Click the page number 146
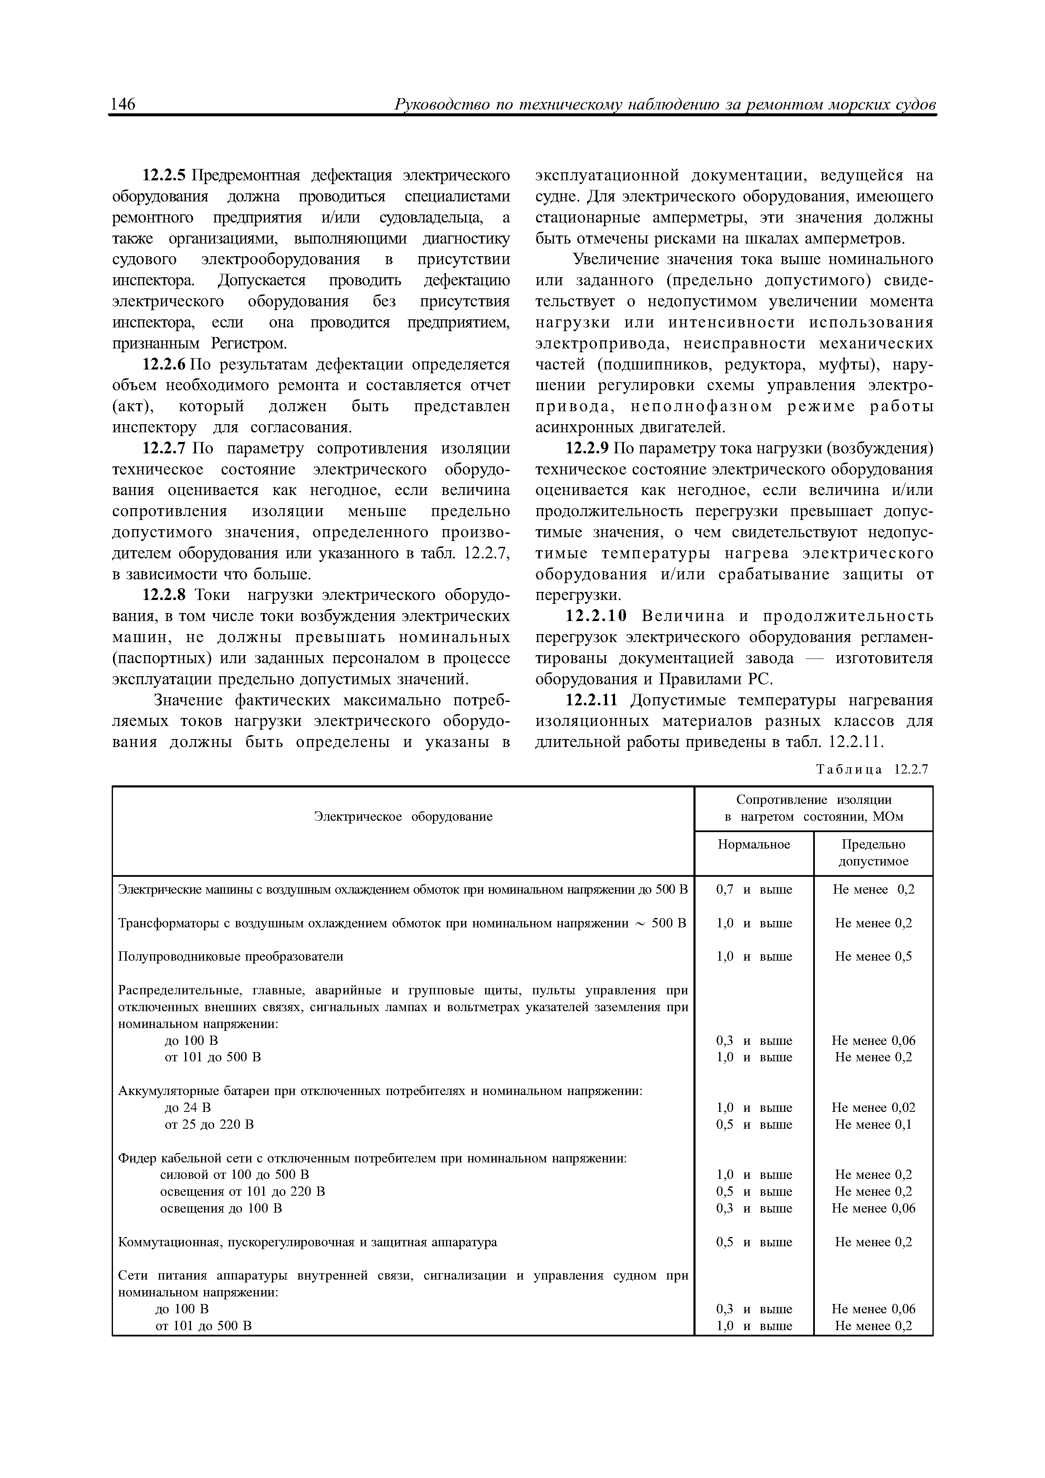click(123, 104)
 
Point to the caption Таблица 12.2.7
click(873, 769)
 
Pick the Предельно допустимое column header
click(873, 852)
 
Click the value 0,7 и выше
click(754, 890)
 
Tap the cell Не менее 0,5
click(873, 956)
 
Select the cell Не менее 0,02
click(873, 1107)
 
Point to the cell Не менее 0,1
click(873, 1124)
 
